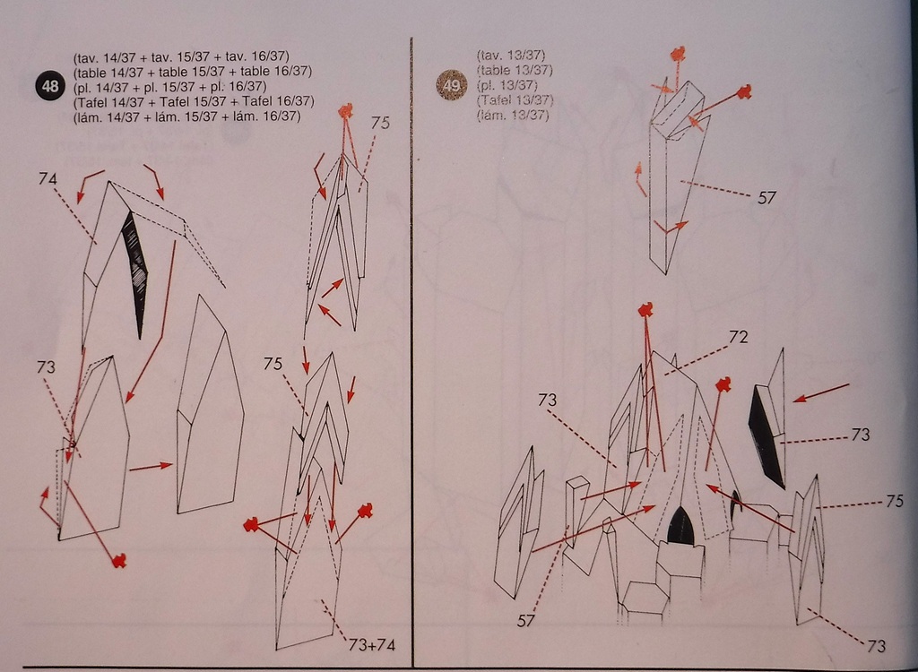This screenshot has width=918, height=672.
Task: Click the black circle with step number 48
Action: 50,86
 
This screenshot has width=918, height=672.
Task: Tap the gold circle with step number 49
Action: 452,85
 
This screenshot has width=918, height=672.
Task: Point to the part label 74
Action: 48,178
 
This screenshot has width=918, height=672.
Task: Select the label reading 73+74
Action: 372,645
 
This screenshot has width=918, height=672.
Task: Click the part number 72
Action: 739,337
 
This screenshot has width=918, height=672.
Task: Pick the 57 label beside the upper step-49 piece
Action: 766,198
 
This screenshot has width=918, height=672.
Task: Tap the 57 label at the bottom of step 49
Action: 525,621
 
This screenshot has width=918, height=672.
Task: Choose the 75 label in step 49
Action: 894,501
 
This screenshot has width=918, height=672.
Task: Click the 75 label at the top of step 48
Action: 380,123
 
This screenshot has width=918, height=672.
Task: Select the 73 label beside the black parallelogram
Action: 860,435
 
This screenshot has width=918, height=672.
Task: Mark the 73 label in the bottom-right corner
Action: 876,646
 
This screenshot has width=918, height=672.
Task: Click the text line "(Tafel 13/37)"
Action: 515,100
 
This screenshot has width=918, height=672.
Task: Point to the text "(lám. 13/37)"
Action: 513,115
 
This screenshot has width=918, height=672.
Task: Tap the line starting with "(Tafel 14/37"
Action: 194,101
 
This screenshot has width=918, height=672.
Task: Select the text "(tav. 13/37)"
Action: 511,56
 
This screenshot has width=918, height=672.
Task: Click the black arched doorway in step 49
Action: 681,525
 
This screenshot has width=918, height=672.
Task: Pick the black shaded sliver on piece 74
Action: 136,273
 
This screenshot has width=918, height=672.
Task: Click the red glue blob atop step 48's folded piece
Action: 346,110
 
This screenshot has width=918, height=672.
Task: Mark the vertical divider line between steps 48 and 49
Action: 412,352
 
